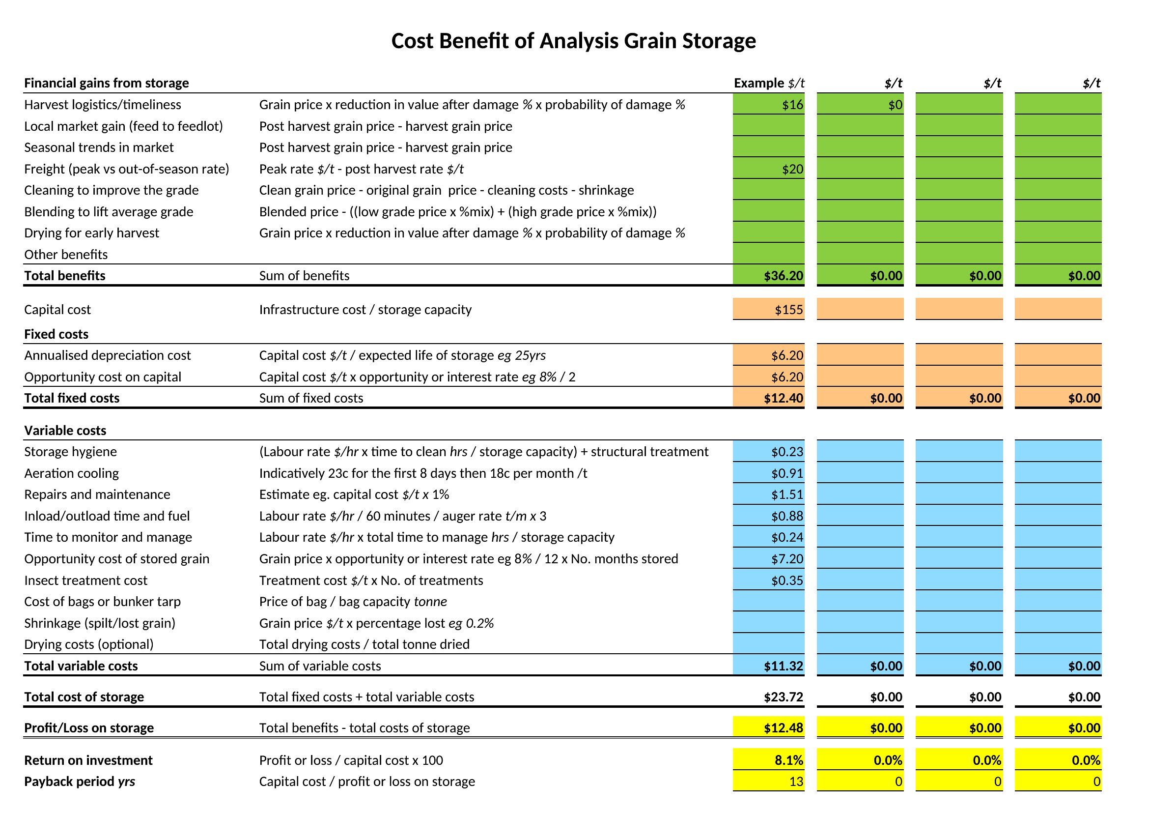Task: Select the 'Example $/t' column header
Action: pyautogui.click(x=769, y=83)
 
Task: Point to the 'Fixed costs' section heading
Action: pyautogui.click(x=56, y=334)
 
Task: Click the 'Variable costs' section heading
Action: pyautogui.click(x=65, y=431)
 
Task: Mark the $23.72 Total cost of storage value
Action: pyautogui.click(x=784, y=697)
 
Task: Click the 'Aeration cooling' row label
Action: pyautogui.click(x=72, y=473)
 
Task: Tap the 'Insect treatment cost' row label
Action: pyautogui.click(x=85, y=580)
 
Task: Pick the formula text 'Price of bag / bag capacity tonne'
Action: pyautogui.click(x=353, y=601)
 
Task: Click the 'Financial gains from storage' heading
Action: pyautogui.click(x=107, y=83)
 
